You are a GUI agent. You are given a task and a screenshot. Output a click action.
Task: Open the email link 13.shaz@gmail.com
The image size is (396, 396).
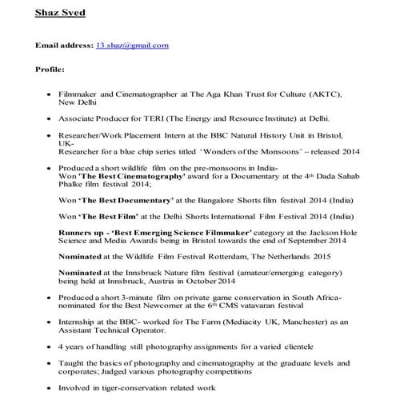132,46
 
